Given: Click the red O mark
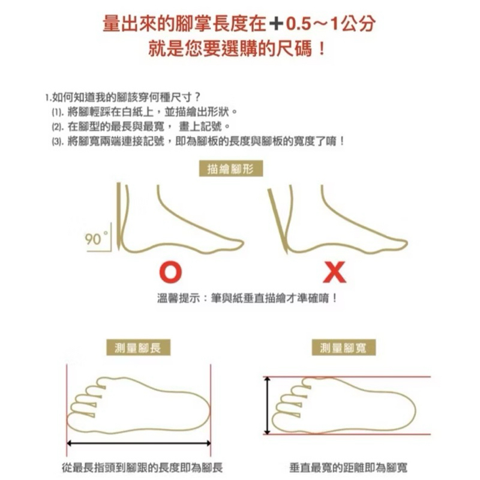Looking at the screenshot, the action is coord(170,272).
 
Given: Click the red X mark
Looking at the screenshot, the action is coord(335,272).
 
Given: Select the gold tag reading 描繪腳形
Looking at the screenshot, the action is coord(231,169).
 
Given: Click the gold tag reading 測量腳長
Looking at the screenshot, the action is coord(138,347).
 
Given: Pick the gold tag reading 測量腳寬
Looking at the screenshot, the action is coord(343,347).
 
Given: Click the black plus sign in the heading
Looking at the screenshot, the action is coord(276,23).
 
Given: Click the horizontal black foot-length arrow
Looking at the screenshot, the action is coord(139,443).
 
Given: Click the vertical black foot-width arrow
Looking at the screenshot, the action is coord(268,406).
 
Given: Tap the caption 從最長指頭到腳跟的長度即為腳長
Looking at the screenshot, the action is coord(142,467).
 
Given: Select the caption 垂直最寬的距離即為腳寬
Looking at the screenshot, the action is coord(349,467).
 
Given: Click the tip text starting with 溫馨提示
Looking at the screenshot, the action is coord(247,298).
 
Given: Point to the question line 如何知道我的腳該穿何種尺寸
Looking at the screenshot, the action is coord(123,97).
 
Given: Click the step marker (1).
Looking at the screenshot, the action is coord(57,113).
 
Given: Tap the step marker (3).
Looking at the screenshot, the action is coord(57,142).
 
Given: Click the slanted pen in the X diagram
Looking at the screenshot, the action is coord(278,221).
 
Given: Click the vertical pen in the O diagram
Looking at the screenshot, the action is coord(118,216).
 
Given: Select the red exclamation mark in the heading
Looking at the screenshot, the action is coord(322,49).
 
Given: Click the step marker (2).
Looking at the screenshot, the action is coord(57,127).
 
